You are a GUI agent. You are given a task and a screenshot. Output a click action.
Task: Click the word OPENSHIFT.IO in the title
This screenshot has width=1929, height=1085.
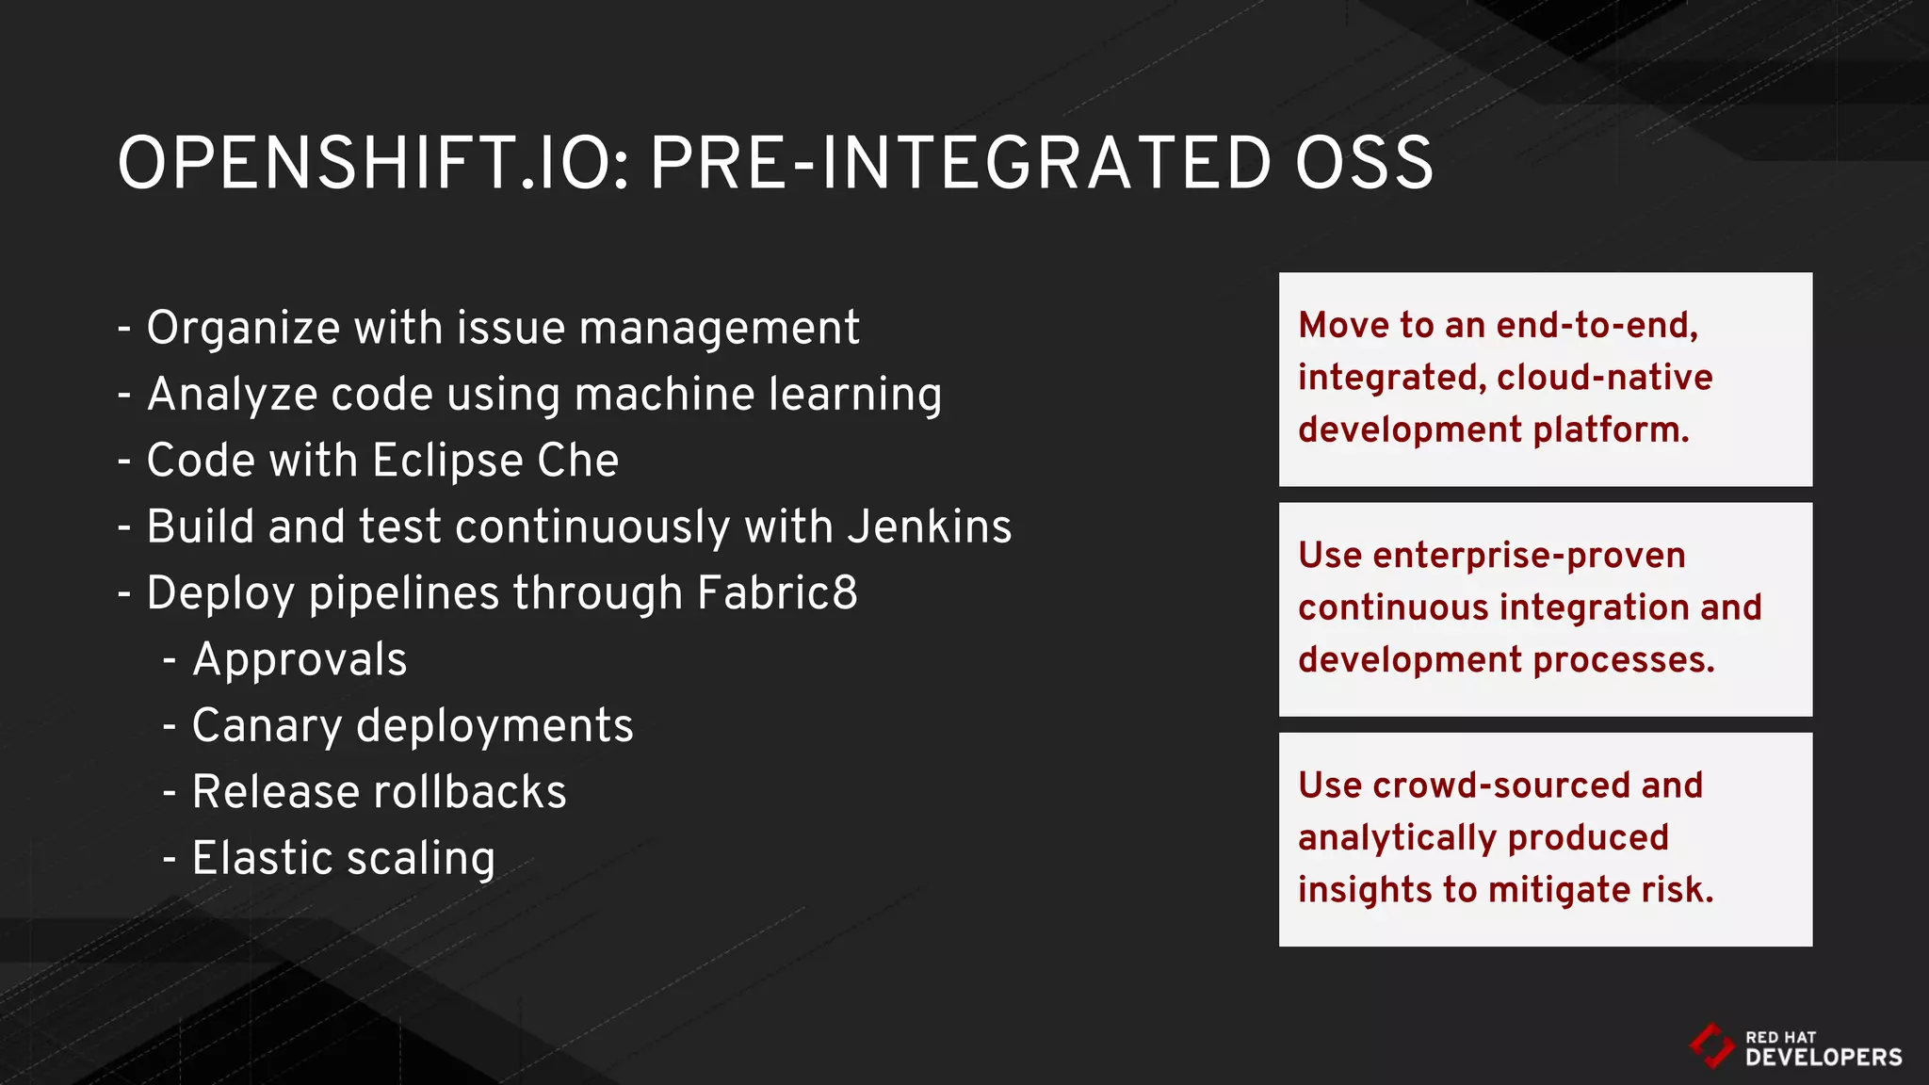tap(373, 164)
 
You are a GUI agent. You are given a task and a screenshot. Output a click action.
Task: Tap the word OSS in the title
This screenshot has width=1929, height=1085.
tap(1364, 164)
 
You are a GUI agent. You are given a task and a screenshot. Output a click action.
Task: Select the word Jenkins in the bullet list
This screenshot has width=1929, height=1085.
tap(929, 526)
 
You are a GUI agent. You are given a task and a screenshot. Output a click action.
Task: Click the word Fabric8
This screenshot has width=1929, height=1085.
tap(777, 593)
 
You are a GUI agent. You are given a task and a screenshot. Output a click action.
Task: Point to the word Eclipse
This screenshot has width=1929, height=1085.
tap(446, 462)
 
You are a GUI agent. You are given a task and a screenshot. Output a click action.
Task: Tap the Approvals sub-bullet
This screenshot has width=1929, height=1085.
tap(300, 659)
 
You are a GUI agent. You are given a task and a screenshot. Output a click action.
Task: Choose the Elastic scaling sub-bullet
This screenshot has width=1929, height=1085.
tap(343, 858)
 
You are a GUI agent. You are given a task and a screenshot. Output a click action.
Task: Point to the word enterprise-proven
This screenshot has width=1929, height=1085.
tap(1529, 556)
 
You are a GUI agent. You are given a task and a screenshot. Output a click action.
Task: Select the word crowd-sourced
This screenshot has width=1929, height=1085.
tap(1500, 785)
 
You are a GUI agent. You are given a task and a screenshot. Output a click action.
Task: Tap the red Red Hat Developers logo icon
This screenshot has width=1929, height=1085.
tap(1710, 1046)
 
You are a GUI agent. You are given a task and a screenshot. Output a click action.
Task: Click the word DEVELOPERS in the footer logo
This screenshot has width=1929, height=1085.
tap(1823, 1058)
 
